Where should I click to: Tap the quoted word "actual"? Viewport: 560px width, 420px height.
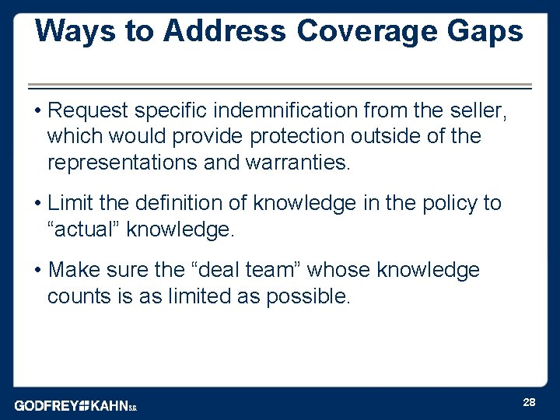84,229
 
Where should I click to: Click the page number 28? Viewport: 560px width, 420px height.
529,402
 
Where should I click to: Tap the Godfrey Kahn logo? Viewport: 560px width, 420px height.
75,405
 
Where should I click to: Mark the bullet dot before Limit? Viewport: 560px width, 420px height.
37,204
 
